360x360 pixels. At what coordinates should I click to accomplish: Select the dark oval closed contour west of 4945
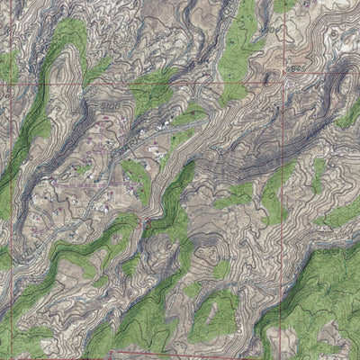click(x=267, y=79)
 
